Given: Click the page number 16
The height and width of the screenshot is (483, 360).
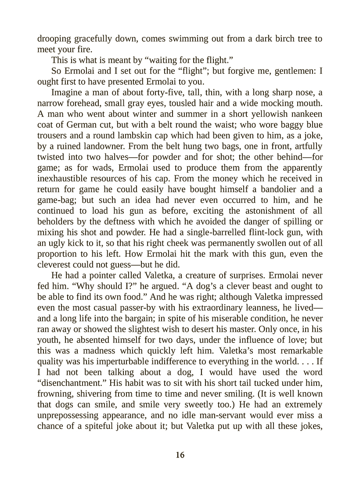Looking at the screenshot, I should [180, 455].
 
